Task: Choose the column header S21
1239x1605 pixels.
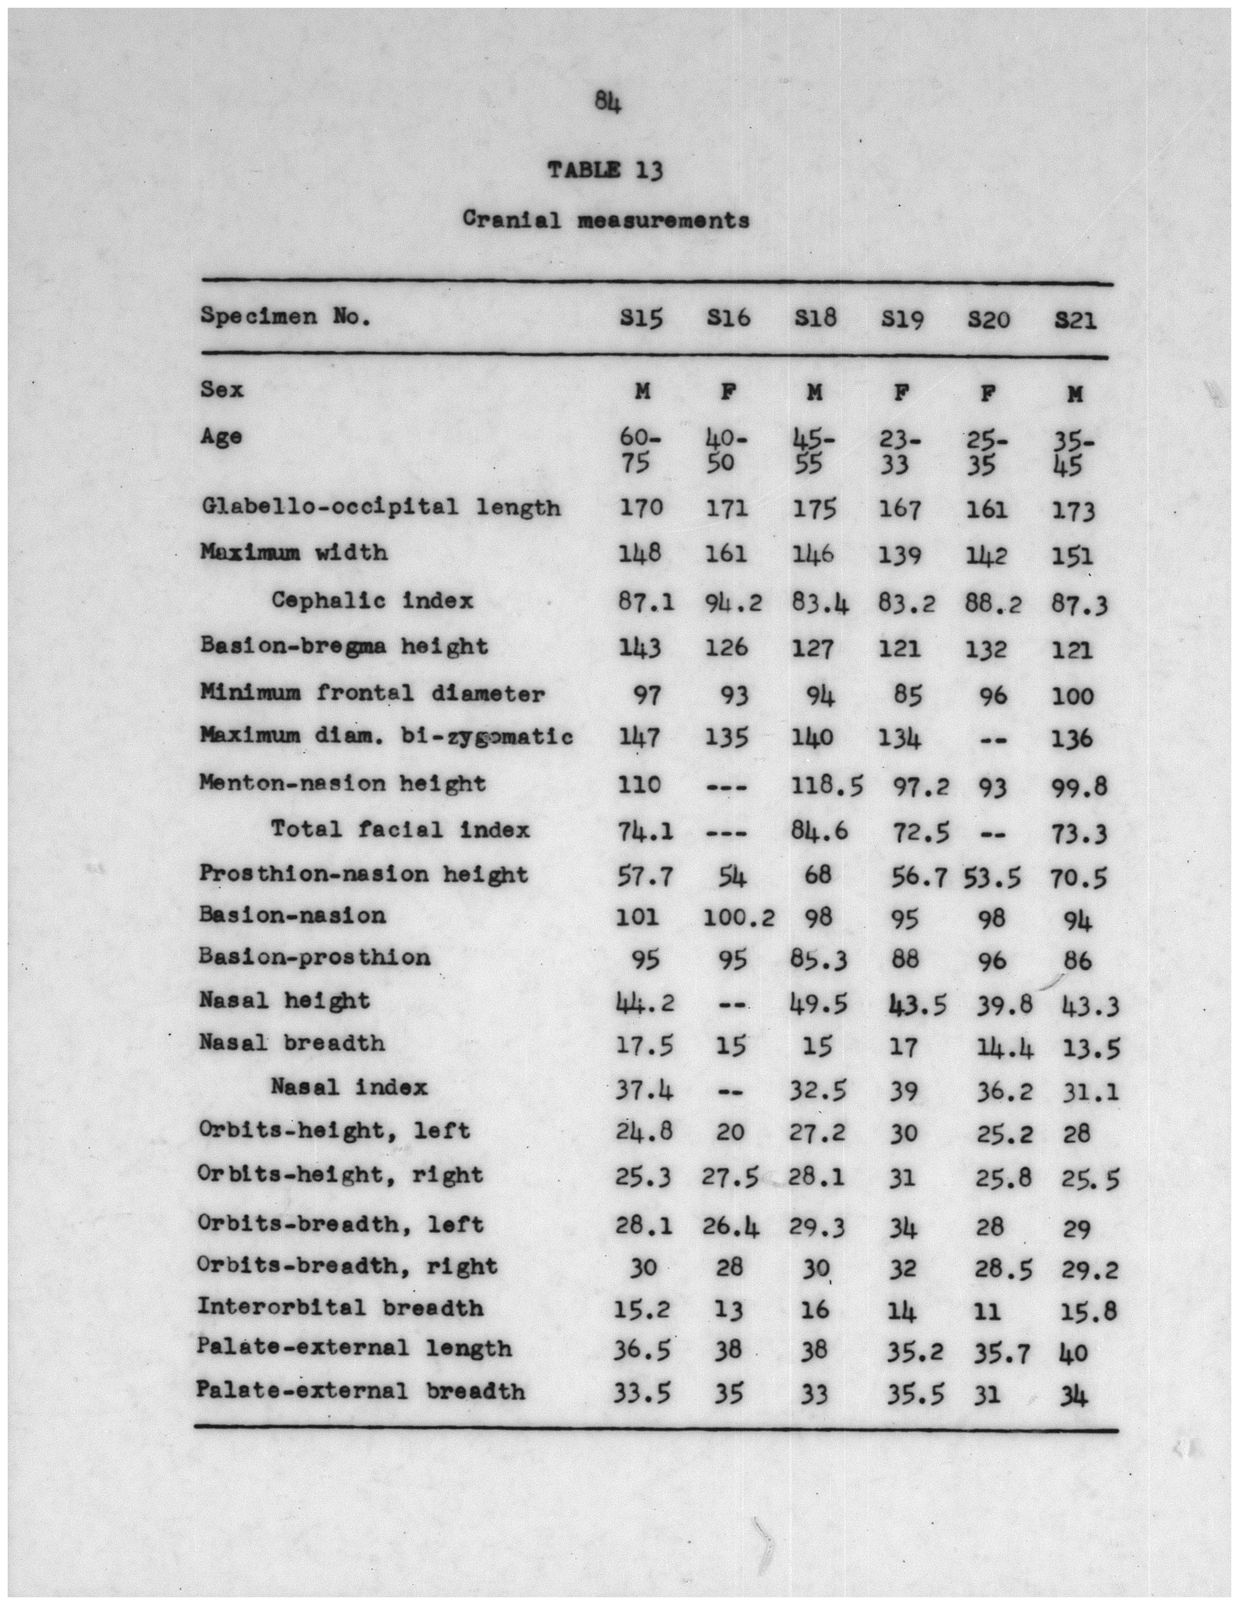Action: pos(1075,320)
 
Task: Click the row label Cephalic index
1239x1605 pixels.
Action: pos(373,601)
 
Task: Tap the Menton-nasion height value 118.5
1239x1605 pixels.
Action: pos(827,786)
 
